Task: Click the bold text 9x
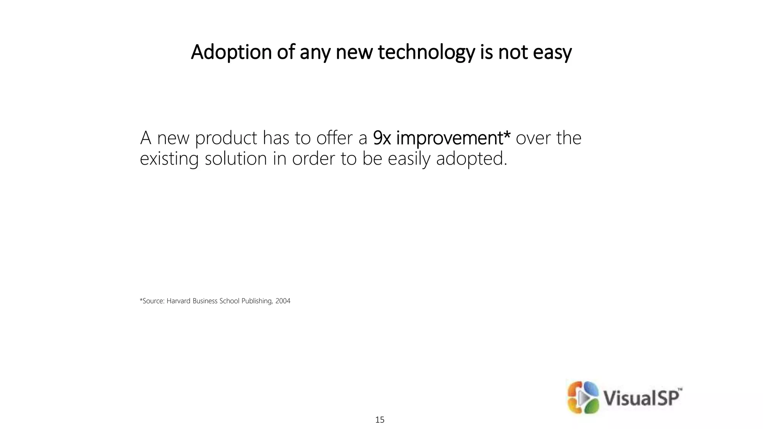(382, 138)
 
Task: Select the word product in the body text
(226, 138)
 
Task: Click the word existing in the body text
(169, 159)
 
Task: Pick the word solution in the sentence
(236, 159)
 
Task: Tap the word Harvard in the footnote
(178, 301)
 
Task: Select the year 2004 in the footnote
(283, 301)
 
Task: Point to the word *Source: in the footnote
(152, 301)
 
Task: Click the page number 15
(380, 420)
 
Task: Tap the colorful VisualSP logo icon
(583, 397)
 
